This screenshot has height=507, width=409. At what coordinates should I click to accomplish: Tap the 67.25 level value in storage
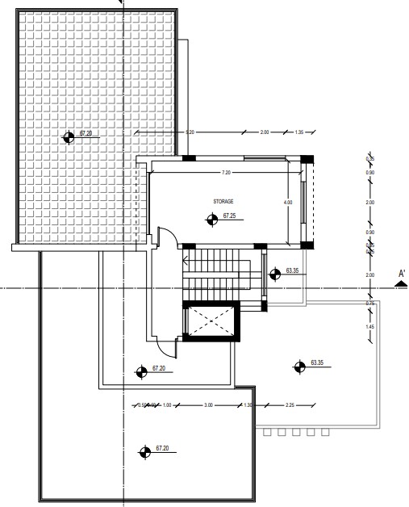[229, 216]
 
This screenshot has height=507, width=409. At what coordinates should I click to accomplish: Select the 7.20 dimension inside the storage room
[227, 173]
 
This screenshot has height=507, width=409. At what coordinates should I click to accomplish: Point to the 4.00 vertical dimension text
[288, 202]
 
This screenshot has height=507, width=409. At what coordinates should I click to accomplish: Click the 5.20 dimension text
[190, 132]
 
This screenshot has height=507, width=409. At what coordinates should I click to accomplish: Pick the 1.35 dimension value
[299, 132]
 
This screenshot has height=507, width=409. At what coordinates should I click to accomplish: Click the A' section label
[400, 274]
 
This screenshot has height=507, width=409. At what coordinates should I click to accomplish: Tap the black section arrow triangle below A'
[400, 283]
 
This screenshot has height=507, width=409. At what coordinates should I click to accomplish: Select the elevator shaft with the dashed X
[211, 321]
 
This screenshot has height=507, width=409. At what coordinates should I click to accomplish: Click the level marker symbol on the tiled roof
[69, 137]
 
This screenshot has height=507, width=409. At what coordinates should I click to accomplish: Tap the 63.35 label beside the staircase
[292, 270]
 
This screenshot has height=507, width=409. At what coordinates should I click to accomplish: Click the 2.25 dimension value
[290, 404]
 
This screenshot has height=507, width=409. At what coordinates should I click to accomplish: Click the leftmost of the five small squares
[268, 433]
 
